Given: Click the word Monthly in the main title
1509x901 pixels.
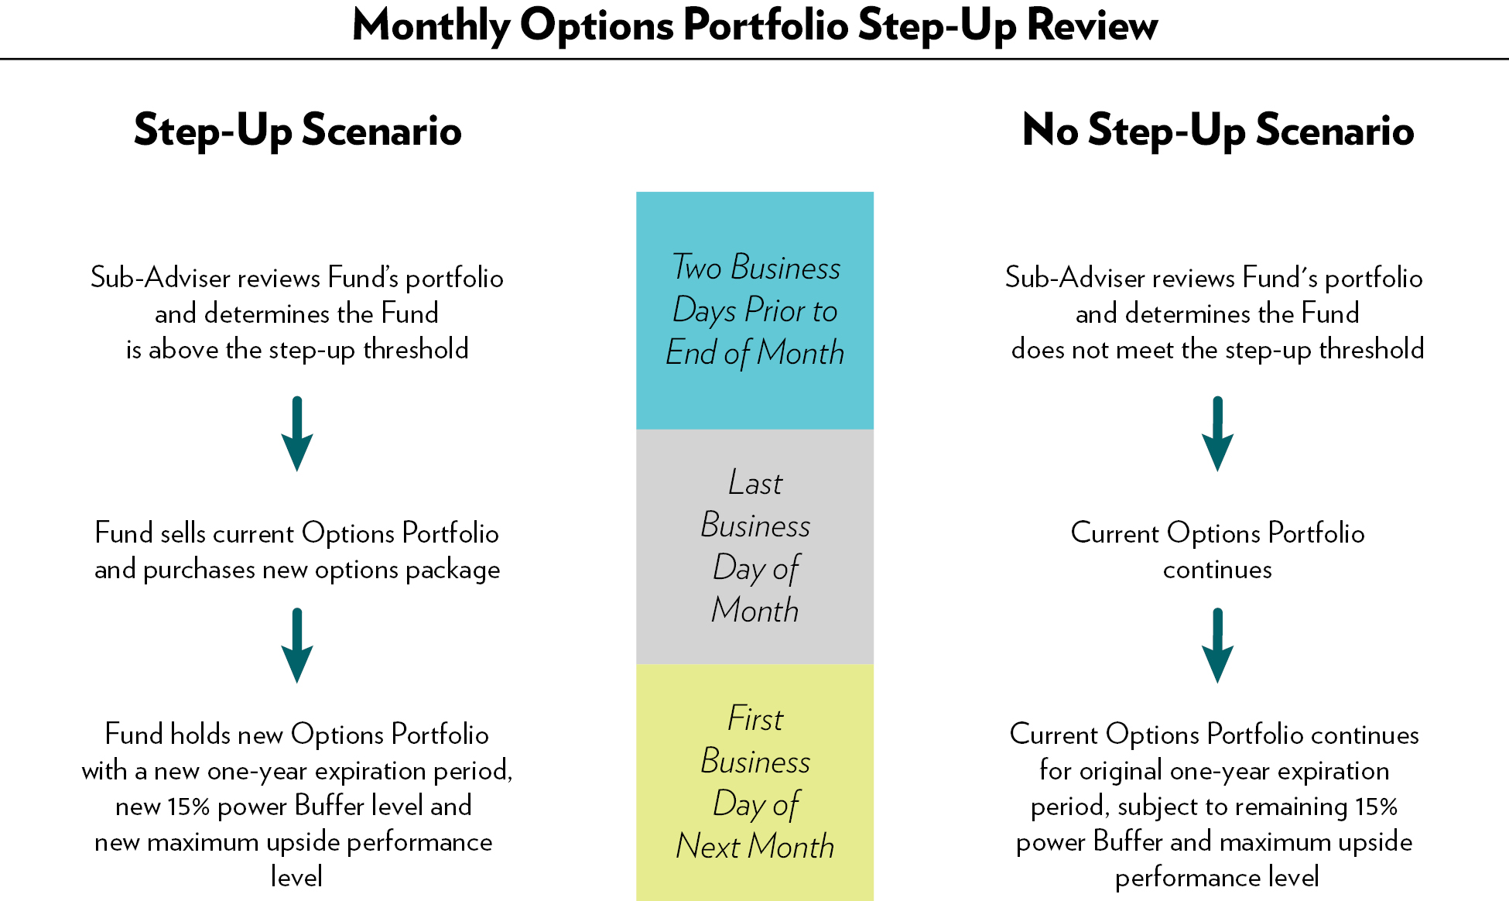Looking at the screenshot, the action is [x=431, y=26].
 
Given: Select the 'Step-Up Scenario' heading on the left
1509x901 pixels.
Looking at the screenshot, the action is [x=298, y=130].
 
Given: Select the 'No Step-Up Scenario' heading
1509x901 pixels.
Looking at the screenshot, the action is [x=1218, y=130].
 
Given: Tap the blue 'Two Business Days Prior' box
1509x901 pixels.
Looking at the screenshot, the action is [x=754, y=310].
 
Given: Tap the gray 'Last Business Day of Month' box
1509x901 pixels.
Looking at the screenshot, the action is [x=754, y=546].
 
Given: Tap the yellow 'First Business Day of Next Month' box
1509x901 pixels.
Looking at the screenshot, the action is [x=754, y=783].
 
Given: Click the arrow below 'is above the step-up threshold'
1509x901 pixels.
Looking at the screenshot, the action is [x=297, y=433].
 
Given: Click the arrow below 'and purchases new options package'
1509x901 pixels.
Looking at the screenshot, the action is [x=297, y=646].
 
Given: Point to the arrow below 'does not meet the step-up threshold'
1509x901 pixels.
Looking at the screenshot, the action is [x=1217, y=433].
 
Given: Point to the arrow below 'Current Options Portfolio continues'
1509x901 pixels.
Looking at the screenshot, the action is [x=1217, y=646].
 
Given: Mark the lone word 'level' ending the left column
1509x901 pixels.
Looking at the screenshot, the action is [x=297, y=876].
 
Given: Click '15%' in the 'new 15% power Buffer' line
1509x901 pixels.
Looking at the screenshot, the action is [x=189, y=807].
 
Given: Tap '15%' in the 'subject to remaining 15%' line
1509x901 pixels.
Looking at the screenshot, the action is [x=1377, y=807].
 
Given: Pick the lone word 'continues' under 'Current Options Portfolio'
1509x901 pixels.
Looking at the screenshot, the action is [x=1217, y=570].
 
